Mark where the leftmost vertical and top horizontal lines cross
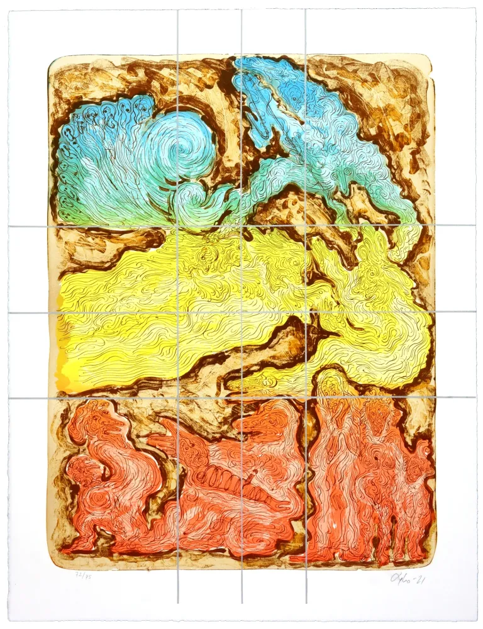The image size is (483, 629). [x=177, y=226]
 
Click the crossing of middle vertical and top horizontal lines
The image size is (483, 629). [x=241, y=226]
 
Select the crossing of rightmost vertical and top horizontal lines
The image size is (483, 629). [x=306, y=226]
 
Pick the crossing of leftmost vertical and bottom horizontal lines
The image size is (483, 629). [x=177, y=398]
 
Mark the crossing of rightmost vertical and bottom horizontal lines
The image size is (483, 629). [x=306, y=398]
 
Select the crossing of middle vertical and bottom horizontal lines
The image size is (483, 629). [x=241, y=398]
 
